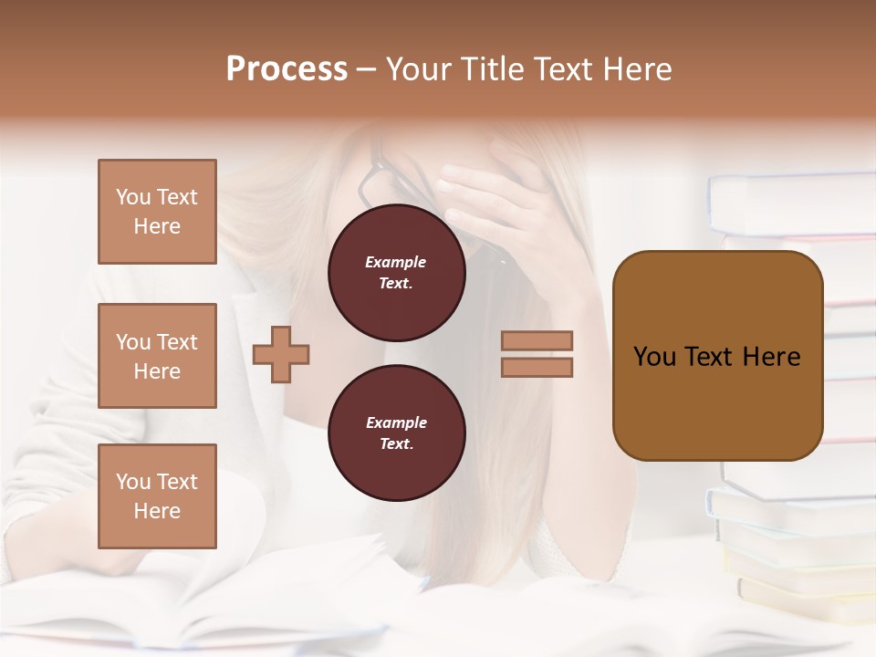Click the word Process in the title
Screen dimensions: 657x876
[x=287, y=69]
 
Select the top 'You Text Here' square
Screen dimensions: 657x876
[x=157, y=212]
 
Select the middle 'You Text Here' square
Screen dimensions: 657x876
[x=157, y=356]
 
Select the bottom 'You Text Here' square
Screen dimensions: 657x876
[x=157, y=496]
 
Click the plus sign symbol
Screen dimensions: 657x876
[x=281, y=354]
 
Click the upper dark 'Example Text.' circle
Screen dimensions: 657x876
[x=397, y=273]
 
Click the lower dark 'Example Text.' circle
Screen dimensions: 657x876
[x=397, y=433]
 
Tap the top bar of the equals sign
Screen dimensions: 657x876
[x=537, y=340]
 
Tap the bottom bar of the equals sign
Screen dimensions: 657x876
[x=537, y=367]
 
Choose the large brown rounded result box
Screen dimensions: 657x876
[x=717, y=401]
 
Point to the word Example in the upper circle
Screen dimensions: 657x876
[x=396, y=262]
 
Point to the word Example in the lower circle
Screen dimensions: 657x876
[x=396, y=422]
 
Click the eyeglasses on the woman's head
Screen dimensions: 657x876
[x=374, y=178]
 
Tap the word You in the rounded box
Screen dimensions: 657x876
[x=654, y=357]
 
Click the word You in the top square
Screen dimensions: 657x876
[x=133, y=197]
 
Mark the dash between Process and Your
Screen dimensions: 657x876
[x=367, y=70]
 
